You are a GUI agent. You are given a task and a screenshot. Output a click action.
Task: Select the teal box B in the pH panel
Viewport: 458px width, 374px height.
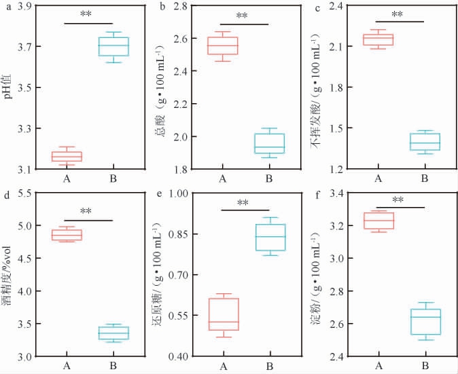pyautogui.click(x=113, y=46)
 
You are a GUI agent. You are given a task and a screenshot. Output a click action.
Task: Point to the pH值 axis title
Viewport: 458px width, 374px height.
pyautogui.click(x=10, y=86)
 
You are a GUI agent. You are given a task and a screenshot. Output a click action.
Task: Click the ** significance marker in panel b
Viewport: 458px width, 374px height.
pyautogui.click(x=243, y=16)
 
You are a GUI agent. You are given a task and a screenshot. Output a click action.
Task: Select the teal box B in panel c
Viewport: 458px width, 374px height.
pyautogui.click(x=424, y=141)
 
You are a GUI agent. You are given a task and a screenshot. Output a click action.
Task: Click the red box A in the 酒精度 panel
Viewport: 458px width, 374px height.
pyautogui.click(x=67, y=235)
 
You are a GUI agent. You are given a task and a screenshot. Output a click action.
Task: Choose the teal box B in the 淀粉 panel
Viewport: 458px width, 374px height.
pyautogui.click(x=426, y=321)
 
